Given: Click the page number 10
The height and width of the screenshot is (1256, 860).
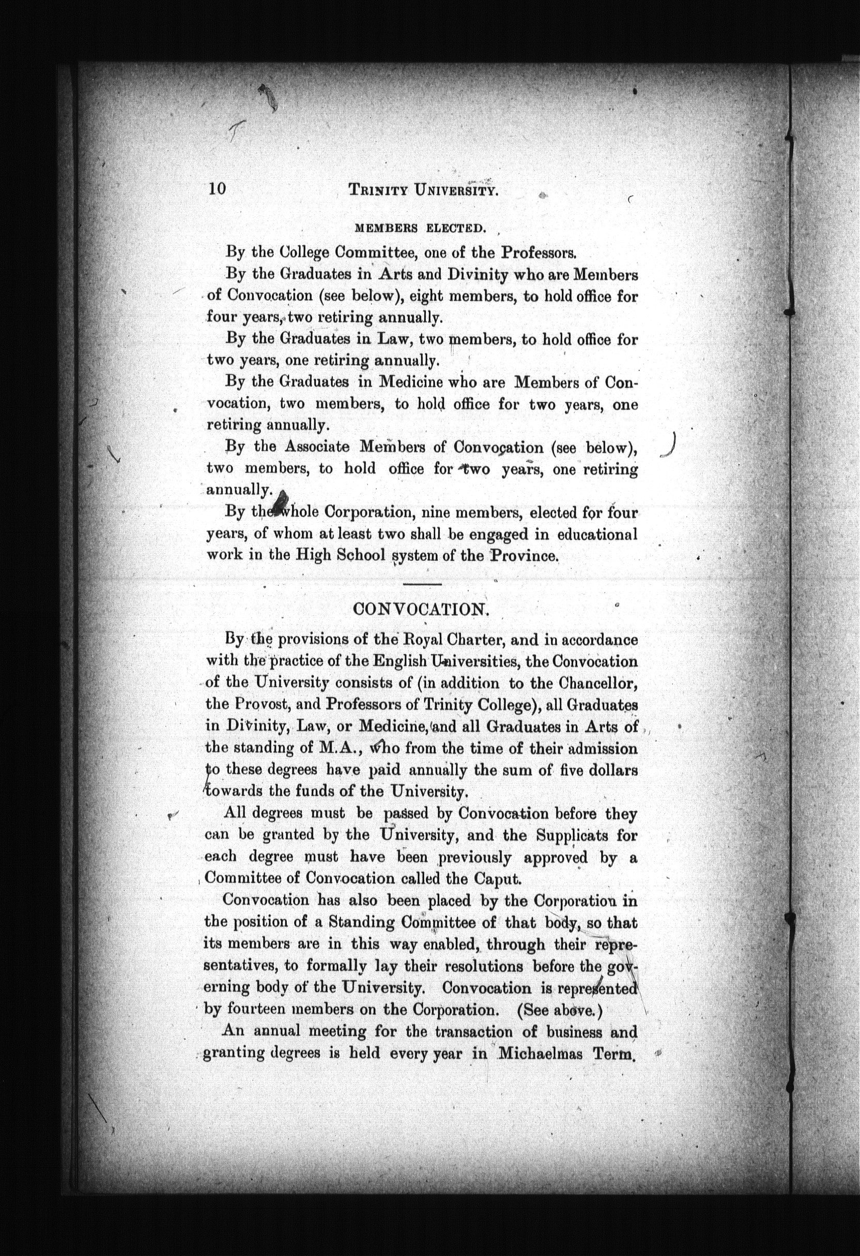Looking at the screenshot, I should (216, 189).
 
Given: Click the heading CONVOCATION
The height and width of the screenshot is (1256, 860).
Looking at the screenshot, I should (421, 609).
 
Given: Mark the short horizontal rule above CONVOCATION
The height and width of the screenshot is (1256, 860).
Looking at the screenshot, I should (422, 584).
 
